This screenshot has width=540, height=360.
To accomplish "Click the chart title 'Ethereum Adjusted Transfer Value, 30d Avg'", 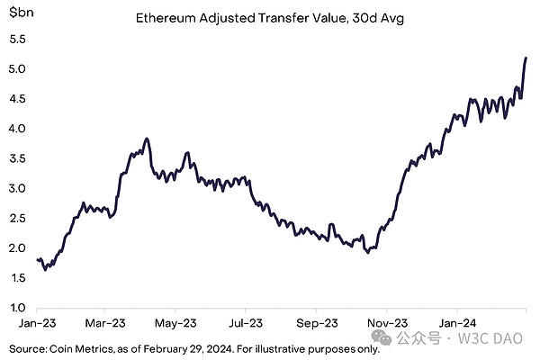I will pos(269,17).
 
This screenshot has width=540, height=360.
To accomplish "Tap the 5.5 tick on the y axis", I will pos(18,40).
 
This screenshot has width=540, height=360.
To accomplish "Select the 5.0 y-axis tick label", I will pos(18,69).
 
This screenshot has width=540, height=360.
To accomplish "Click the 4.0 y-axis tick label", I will pos(18,129).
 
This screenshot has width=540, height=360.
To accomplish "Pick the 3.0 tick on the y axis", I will pos(18,189).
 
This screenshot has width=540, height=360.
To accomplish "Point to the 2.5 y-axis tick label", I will pos(18,219).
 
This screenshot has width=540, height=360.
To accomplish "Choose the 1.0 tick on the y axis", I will pos(18,308).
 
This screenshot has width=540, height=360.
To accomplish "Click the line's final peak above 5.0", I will pos(526,58).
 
